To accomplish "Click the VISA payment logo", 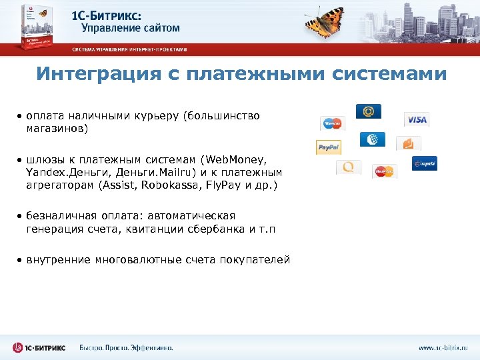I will tap(417, 119).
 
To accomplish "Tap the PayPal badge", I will tap(328, 147).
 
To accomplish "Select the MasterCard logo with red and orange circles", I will tap(384, 171).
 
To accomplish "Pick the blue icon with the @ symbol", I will tap(368, 111).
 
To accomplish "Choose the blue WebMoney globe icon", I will tap(372, 139).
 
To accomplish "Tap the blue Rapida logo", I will tap(424, 163).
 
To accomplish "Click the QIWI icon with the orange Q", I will tap(348, 167).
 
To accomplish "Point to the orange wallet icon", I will tap(408, 143).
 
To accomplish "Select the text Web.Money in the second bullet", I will tap(234, 160).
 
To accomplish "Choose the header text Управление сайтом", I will tap(131, 28).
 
